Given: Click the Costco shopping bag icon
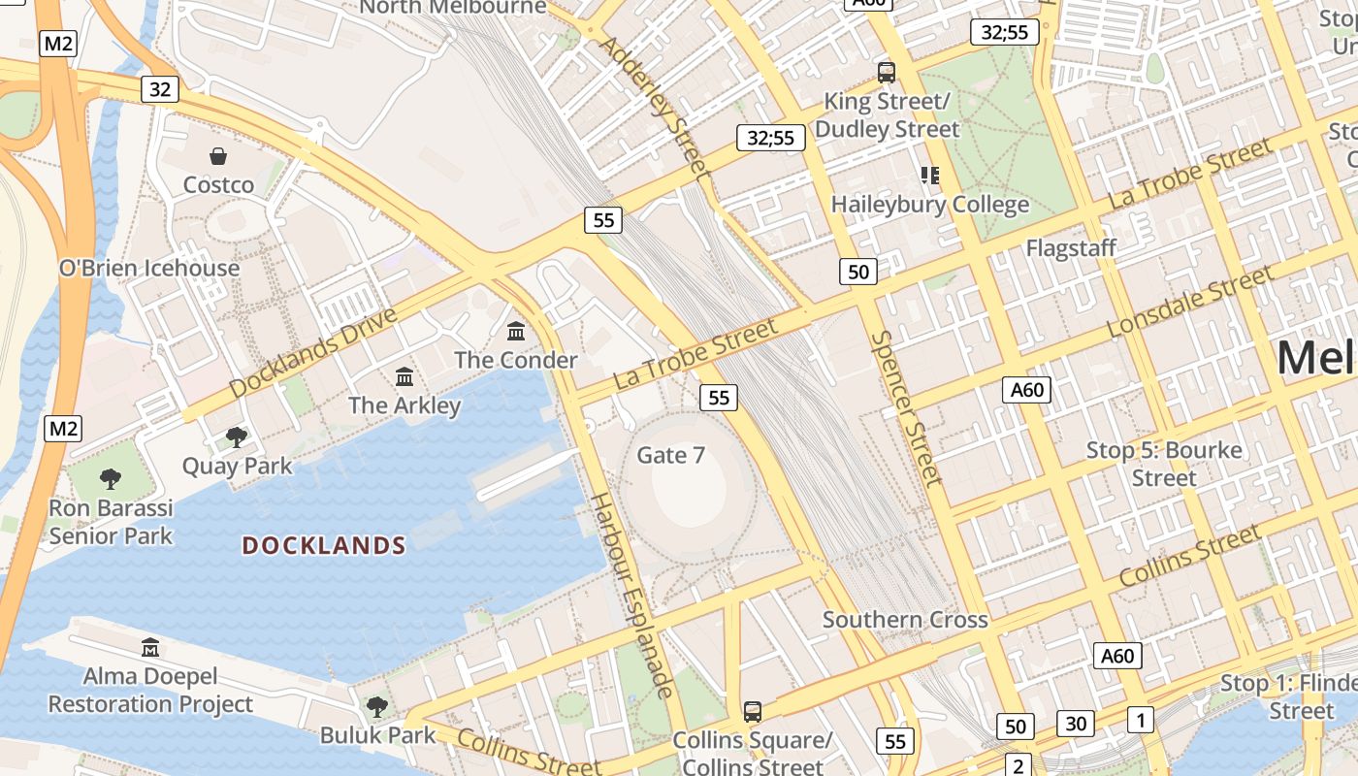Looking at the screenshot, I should [x=218, y=156].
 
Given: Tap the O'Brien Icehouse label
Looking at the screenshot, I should [x=149, y=268].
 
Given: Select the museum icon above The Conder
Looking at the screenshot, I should [x=516, y=332].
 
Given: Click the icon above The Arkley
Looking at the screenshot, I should [x=404, y=376].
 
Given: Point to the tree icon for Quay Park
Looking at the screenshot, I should [x=236, y=437].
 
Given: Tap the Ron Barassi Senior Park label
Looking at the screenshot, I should [x=111, y=522].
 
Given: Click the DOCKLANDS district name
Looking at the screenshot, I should [x=324, y=545].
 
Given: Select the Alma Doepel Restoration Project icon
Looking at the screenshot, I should [x=150, y=647].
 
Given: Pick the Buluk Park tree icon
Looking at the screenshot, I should [x=377, y=706].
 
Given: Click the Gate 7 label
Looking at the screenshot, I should [x=670, y=455].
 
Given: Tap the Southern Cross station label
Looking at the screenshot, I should [x=905, y=619].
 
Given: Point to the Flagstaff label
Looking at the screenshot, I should [x=1071, y=248].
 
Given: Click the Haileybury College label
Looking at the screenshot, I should [x=930, y=205].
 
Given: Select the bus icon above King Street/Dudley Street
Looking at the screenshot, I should [x=886, y=72].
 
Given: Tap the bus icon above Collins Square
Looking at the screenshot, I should [x=752, y=711].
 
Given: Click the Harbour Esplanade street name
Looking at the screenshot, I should [x=631, y=595].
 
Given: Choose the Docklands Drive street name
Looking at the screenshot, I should [x=313, y=352].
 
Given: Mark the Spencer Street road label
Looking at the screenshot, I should [x=906, y=408].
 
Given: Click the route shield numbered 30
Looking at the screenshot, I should [x=1075, y=723].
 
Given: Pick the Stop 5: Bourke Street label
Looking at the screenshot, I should [x=1164, y=464].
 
